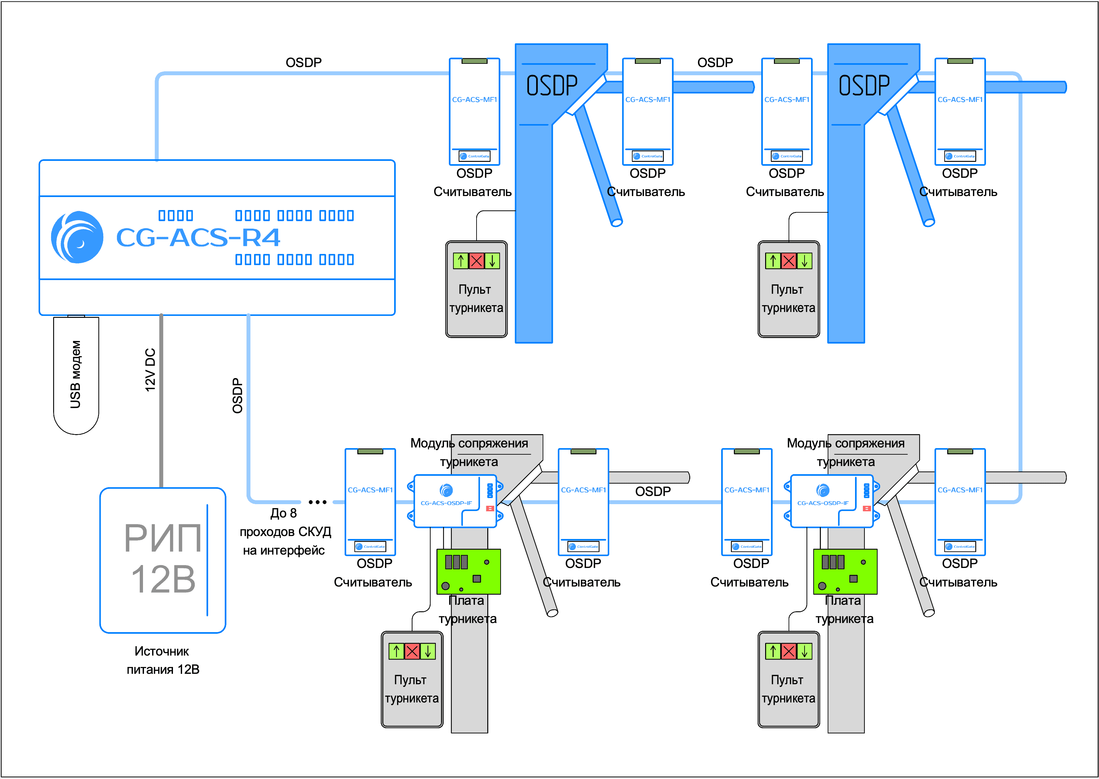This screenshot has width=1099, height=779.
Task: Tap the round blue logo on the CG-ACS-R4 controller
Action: [77, 237]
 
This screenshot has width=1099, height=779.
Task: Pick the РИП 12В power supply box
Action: [163, 560]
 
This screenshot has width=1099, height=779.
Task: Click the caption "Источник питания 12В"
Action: [163, 660]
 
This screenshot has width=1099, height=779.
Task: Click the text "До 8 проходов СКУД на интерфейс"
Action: [285, 531]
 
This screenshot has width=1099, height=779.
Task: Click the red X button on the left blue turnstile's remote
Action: [476, 261]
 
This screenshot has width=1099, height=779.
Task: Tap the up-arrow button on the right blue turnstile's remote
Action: [773, 261]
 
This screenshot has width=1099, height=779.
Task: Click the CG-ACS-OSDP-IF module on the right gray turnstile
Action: [831, 501]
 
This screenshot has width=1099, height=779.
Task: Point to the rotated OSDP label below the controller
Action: [237, 396]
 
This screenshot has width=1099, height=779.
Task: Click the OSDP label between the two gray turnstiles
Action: [652, 491]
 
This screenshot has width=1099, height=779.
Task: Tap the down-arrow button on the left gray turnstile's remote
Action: [427, 651]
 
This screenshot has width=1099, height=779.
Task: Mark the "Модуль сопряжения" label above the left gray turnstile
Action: [469, 443]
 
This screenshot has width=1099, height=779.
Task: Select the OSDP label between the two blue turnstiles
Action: [715, 62]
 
